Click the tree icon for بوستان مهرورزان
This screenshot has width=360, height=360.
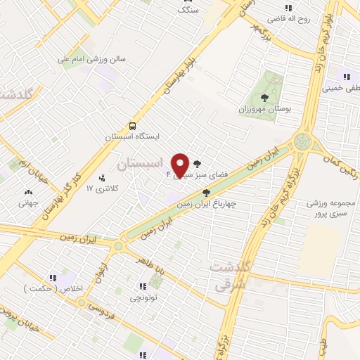[x=264, y=98]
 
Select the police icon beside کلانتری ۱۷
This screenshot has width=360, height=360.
[x=103, y=178]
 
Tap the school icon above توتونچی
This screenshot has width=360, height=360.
[x=143, y=286]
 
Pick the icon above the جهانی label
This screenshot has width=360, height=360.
[x=28, y=192]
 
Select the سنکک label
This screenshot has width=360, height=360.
[x=188, y=10]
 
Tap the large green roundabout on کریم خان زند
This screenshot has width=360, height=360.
[x=304, y=141]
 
